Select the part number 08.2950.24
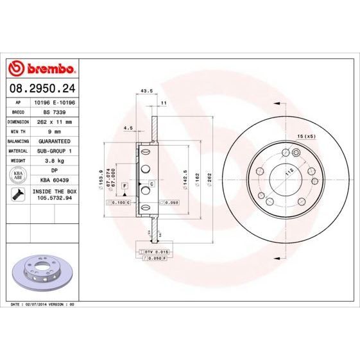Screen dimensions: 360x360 (x=42, y=87)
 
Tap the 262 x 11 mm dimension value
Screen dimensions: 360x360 (x=53, y=121)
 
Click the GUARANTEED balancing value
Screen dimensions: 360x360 (x=53, y=140)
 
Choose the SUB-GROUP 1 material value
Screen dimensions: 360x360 (x=53, y=150)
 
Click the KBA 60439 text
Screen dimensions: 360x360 (x=53, y=181)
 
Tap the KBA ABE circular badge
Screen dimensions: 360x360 (x=19, y=176)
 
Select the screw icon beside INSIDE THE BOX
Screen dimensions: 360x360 (x=19, y=194)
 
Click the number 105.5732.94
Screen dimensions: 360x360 (x=53, y=199)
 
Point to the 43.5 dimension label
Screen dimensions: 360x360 (x=146, y=90)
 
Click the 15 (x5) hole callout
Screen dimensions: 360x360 (x=306, y=137)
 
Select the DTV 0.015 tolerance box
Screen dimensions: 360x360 (x=157, y=252)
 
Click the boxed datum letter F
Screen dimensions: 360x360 (x=124, y=185)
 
